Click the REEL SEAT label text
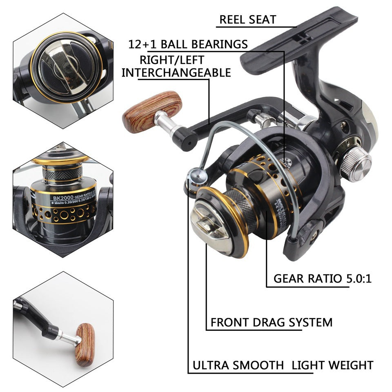point(247,19)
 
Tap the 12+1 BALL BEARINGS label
point(188,44)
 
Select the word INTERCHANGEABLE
point(176,73)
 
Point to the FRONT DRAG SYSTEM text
point(272,322)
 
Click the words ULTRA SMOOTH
point(238,365)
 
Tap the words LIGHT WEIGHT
point(332,365)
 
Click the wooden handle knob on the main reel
point(153,111)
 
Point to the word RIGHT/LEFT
point(171,59)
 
